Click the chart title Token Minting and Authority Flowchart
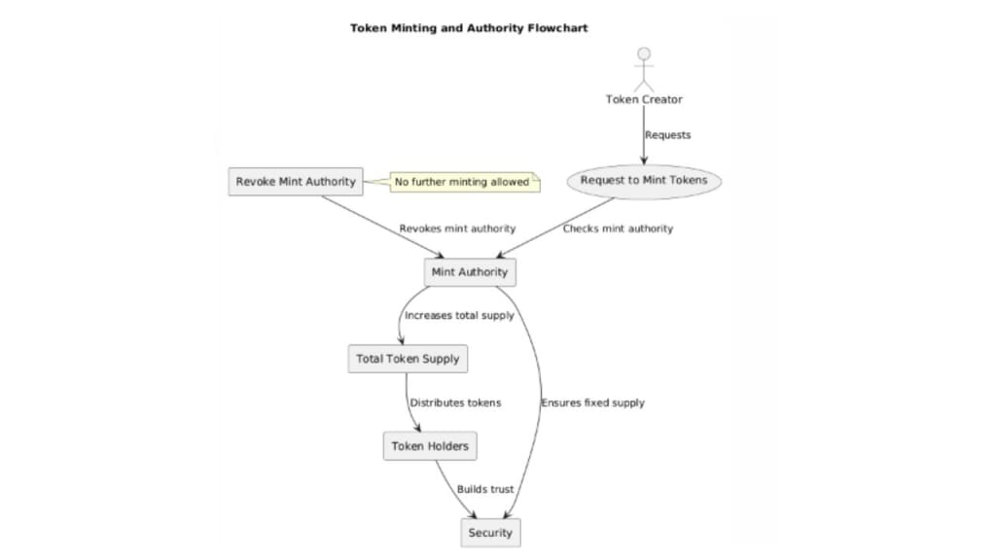(469, 28)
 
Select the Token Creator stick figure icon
(644, 69)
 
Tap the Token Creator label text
(644, 99)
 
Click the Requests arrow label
(668, 135)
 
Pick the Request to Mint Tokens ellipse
(644, 181)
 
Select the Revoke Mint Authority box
(296, 182)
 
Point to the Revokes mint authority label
(457, 228)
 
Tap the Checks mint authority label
(618, 228)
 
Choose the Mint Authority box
(470, 272)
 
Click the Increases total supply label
(459, 315)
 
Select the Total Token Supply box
(408, 359)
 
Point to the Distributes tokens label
(455, 402)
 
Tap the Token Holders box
(430, 446)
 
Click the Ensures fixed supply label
(592, 402)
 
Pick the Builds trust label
(485, 489)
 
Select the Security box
(489, 533)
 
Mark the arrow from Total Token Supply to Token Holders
(409, 402)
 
